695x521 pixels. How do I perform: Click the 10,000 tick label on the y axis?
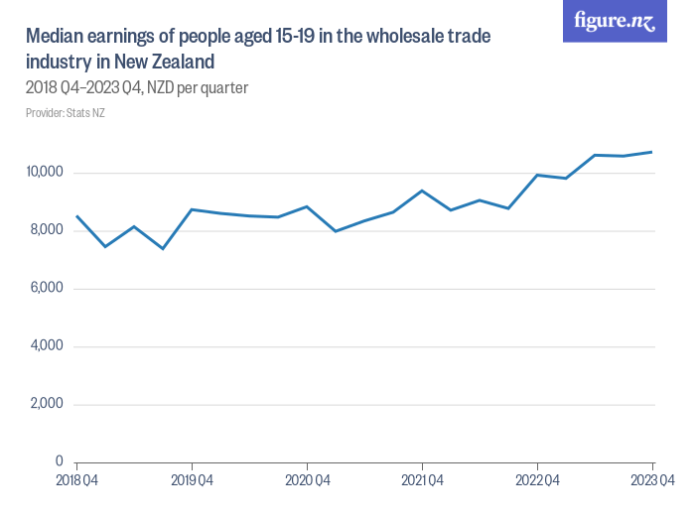point(46,173)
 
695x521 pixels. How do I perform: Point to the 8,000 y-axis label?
point(47,230)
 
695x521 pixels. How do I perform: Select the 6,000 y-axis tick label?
point(47,288)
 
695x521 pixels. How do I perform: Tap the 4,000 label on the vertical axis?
point(47,346)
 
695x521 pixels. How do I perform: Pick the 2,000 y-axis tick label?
point(47,404)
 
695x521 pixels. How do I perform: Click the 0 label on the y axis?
point(60,461)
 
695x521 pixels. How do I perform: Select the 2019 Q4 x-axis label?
point(192,481)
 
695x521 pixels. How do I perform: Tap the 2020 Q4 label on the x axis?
point(307,481)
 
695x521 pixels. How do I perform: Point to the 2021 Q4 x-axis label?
point(422,481)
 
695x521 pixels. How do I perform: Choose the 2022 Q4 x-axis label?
point(537,481)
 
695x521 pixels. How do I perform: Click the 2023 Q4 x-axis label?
point(652,481)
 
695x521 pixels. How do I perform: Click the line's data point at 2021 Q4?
point(422,191)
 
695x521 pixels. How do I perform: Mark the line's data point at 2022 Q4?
point(537,175)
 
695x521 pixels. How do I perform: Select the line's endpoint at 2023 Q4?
point(652,152)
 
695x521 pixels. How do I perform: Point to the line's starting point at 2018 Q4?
point(76,215)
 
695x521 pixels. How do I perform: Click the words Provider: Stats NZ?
point(66,113)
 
